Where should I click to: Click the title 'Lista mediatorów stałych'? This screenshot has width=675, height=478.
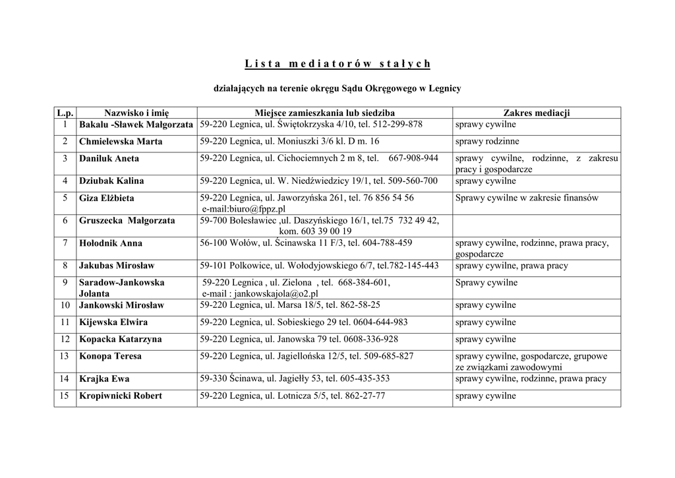[x=337, y=64]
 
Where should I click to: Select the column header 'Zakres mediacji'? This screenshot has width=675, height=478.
[x=536, y=113]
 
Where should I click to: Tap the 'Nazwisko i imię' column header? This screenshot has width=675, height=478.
[x=136, y=113]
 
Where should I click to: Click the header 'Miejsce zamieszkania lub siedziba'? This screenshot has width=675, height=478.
[x=324, y=113]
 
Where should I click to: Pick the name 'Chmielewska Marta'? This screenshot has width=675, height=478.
[x=121, y=142]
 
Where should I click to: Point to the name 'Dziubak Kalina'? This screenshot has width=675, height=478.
[x=111, y=181]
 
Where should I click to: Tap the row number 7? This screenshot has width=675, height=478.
[x=65, y=243]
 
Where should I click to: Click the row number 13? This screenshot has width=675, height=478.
[x=65, y=356]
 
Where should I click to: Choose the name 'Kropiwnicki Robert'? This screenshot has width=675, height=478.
[x=121, y=396]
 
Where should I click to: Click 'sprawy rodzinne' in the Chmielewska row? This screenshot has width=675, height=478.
[x=487, y=142]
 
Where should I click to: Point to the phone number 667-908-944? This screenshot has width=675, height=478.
[x=413, y=158]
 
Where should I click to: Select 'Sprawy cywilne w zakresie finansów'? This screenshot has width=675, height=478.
[x=527, y=198]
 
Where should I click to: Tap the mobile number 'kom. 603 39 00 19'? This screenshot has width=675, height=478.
[x=315, y=231]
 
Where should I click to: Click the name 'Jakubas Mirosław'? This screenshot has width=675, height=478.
[x=117, y=266]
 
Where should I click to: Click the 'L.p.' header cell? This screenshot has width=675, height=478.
[x=65, y=113]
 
